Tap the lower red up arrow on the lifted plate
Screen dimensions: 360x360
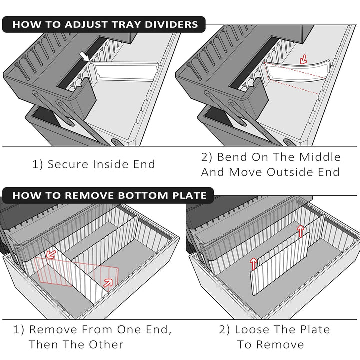coord(253,263)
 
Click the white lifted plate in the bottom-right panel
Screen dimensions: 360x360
coord(280,265)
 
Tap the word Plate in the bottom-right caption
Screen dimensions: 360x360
coord(314,329)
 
